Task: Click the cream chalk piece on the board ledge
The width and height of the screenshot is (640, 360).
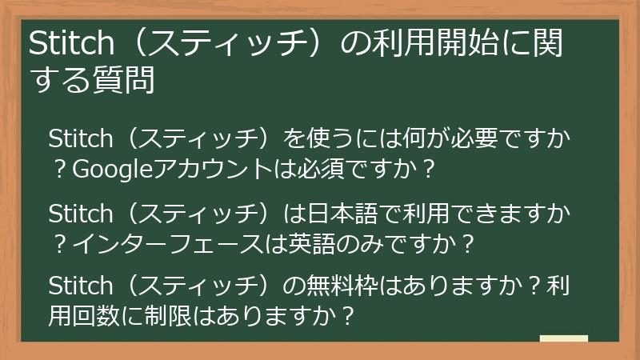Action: click(x=563, y=339)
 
